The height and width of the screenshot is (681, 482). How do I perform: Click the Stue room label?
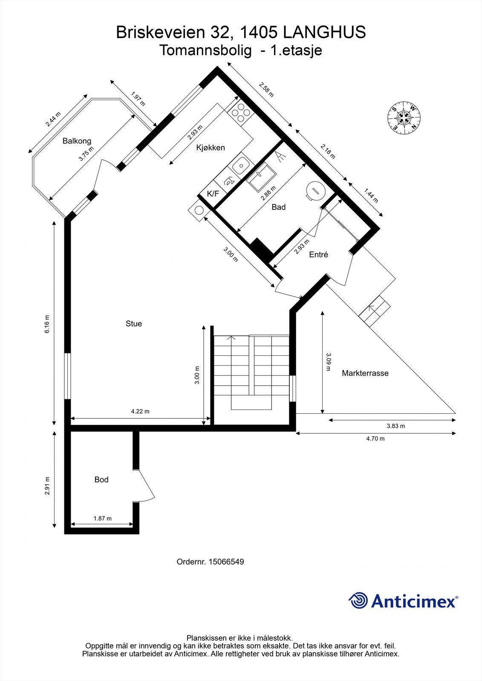pyautogui.click(x=133, y=323)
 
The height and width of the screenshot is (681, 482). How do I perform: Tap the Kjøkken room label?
pyautogui.click(x=210, y=148)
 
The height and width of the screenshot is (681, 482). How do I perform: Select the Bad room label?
pyautogui.click(x=278, y=207)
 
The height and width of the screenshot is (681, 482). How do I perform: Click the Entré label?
pyautogui.click(x=318, y=255)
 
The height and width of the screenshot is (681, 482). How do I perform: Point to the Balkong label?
pyautogui.click(x=77, y=141)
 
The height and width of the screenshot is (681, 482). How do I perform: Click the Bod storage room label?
pyautogui.click(x=101, y=480)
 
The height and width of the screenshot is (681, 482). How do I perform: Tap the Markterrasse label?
pyautogui.click(x=365, y=373)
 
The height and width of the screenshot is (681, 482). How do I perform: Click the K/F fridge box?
pyautogui.click(x=213, y=194)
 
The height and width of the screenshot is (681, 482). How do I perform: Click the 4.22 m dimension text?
pyautogui.click(x=140, y=412)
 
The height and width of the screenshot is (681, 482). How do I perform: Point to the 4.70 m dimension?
pyautogui.click(x=375, y=438)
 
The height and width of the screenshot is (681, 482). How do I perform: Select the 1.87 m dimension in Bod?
pyautogui.click(x=102, y=518)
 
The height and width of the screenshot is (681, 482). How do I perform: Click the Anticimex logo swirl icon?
pyautogui.click(x=358, y=601)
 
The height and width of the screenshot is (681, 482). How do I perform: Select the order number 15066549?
pyautogui.click(x=226, y=562)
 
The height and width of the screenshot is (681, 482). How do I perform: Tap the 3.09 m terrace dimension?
pyautogui.click(x=328, y=362)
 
